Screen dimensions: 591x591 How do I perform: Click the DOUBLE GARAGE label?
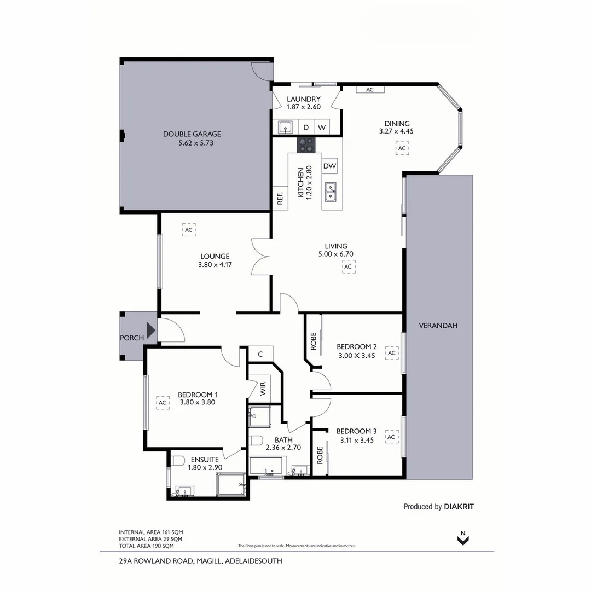pos(192,134)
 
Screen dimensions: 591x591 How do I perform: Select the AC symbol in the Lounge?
pos(189,230)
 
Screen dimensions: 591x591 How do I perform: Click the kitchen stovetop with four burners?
pos(306,145)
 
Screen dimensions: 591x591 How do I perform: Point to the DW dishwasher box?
pos(329,166)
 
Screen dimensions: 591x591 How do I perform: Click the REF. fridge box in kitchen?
pos(280,199)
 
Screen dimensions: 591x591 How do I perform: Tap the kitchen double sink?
pos(331,192)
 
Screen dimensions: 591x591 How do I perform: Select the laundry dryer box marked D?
pos(306,128)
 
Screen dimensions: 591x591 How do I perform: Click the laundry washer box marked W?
pos(322,128)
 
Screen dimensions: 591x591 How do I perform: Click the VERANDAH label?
pos(438,325)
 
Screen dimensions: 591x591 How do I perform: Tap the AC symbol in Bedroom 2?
pos(391,354)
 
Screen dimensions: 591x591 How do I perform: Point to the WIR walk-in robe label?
pos(263,389)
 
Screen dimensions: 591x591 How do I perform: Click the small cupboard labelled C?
pos(260,354)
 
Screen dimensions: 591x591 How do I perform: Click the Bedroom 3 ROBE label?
pos(320,455)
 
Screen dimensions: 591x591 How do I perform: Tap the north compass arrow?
pos(463,539)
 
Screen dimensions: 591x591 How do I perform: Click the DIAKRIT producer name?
pos(459,507)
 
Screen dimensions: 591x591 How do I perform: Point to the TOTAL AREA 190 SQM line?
pos(146,546)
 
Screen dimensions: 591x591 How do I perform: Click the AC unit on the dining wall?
pos(369,89)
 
